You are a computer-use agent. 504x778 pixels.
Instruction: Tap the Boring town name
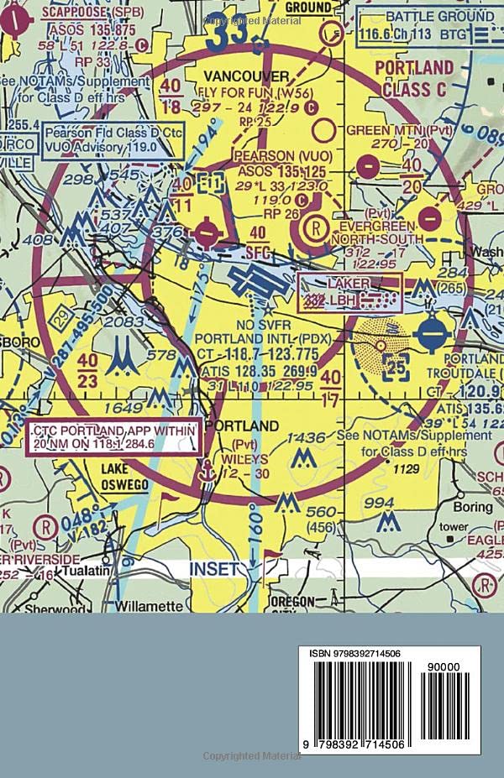coord(472,507)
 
